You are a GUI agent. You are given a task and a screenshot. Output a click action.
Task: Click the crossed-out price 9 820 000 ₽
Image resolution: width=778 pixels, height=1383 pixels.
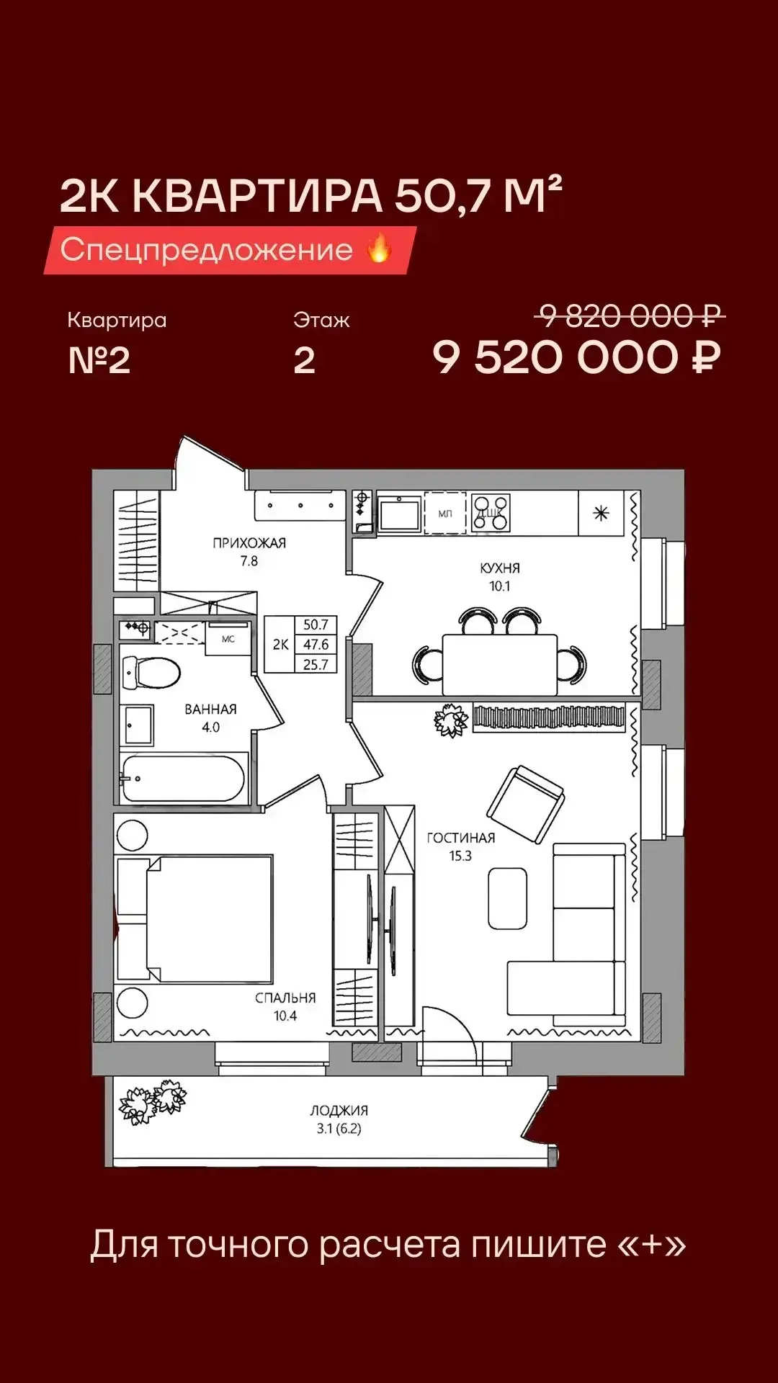[x=631, y=315]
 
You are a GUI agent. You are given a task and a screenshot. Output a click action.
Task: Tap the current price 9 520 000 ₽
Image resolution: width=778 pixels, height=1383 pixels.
[x=576, y=357]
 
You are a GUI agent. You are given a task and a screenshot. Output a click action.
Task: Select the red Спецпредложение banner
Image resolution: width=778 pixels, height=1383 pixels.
[x=230, y=250]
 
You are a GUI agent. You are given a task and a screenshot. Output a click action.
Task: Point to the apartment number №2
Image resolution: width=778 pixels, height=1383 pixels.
[x=99, y=360]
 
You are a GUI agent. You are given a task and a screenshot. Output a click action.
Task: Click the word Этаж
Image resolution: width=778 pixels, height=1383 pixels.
[x=321, y=320]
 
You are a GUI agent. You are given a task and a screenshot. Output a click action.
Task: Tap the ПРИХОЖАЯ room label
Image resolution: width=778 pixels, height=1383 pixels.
[x=249, y=543]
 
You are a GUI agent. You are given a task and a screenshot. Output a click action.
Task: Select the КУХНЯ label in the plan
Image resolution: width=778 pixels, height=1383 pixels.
[x=500, y=568]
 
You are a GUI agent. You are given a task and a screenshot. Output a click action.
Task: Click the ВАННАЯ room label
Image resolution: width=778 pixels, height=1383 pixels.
[x=210, y=710]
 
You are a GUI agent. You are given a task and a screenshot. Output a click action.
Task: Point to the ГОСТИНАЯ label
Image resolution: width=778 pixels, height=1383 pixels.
[x=461, y=838]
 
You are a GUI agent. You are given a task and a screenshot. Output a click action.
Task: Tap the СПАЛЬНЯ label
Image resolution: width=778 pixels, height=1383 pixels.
[x=285, y=998]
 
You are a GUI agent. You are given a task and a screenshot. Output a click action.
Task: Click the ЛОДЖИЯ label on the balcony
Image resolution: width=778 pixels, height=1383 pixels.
[x=339, y=1111]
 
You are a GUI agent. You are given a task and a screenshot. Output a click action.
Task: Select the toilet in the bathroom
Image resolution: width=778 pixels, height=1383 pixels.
[x=151, y=673]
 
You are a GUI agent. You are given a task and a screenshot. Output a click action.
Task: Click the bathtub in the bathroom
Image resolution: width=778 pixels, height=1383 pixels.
[x=184, y=778]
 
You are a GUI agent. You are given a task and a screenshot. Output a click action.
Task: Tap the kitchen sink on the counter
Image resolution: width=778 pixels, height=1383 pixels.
[x=399, y=514]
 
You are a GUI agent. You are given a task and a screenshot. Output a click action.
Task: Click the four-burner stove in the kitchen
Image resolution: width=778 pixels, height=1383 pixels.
[x=491, y=513]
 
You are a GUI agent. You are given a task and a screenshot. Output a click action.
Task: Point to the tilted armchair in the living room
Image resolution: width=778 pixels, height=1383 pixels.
[x=526, y=804]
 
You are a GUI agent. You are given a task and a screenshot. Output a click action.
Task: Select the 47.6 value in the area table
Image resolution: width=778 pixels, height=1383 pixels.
[x=316, y=645]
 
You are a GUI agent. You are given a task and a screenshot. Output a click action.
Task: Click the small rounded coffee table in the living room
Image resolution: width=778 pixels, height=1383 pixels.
[x=508, y=898]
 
